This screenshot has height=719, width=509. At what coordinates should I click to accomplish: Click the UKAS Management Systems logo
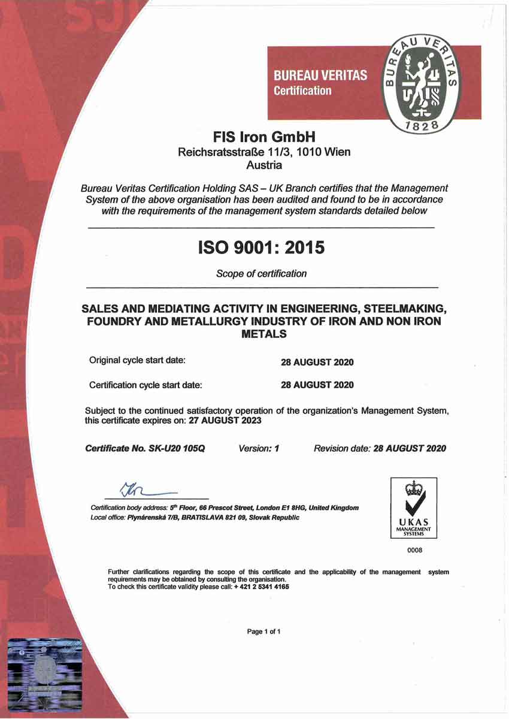tap(414, 507)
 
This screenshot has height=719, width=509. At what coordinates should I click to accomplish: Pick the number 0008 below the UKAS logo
tap(414, 549)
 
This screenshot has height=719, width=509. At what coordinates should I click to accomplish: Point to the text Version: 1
tap(259, 448)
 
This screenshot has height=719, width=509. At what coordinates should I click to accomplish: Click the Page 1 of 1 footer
tap(263, 632)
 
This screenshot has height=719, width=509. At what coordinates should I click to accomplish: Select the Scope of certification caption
tap(261, 274)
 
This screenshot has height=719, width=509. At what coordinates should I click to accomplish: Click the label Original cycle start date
tap(137, 361)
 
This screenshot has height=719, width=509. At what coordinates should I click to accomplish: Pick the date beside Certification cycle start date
tap(317, 385)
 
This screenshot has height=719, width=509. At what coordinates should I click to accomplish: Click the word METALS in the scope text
tap(263, 334)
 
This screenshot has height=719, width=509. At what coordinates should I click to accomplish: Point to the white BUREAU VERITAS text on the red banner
tap(320, 77)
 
